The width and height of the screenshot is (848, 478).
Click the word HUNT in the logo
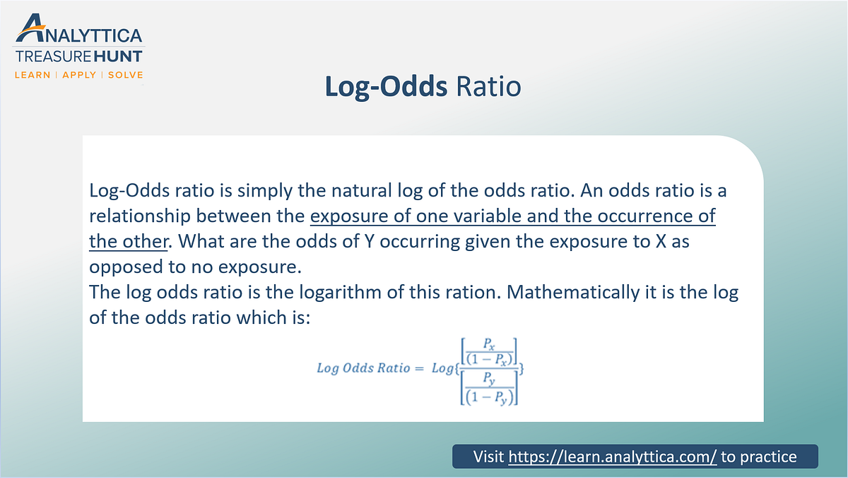[x=115, y=56]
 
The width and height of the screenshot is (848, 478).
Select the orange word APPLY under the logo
[x=79, y=74]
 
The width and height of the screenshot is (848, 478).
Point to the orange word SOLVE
[x=125, y=74]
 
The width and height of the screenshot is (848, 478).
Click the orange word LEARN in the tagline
[x=33, y=74]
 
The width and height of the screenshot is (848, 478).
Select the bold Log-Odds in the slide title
[x=386, y=86]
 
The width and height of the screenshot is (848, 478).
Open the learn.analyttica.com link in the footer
[x=613, y=457]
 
